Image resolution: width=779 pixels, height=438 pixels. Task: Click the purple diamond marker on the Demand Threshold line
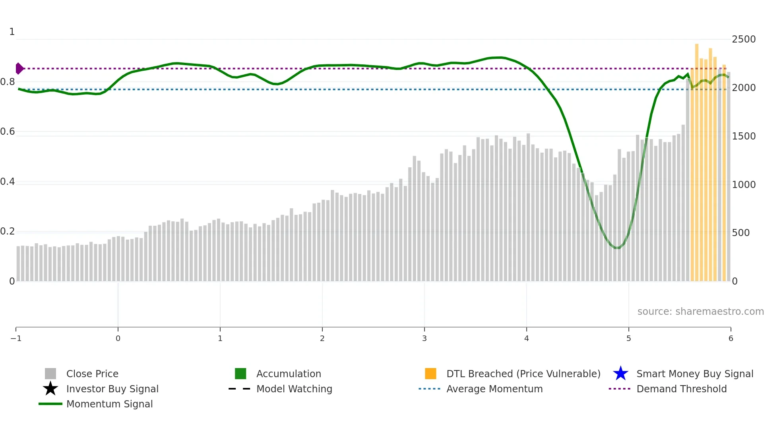click(x=19, y=68)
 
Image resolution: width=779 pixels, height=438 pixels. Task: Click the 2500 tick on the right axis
click(x=744, y=39)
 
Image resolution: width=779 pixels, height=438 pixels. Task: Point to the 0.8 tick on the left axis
click(x=8, y=82)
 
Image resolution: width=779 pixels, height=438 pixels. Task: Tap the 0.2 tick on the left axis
click(x=8, y=231)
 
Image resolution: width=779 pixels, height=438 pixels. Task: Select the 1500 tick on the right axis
click(x=744, y=136)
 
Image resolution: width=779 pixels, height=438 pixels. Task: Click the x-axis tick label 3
click(x=424, y=338)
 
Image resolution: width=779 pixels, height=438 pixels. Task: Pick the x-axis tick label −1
click(x=16, y=338)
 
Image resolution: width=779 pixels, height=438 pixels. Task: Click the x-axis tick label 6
click(x=731, y=338)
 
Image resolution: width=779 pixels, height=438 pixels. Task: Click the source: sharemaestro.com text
click(x=700, y=311)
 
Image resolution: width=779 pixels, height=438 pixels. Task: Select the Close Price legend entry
click(x=92, y=374)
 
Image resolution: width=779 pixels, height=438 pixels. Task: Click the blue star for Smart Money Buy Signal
click(x=620, y=374)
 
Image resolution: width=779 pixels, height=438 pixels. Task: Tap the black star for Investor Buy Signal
click(x=50, y=389)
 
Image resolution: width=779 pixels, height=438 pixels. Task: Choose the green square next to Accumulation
click(x=240, y=374)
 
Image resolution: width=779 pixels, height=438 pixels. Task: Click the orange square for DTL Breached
click(x=430, y=374)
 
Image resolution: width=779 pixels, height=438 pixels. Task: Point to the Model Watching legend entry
click(x=294, y=389)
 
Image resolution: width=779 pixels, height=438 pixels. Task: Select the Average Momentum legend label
click(x=494, y=389)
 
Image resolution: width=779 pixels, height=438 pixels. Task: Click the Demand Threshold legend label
click(x=681, y=389)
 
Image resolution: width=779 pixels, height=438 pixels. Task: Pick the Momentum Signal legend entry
click(x=109, y=404)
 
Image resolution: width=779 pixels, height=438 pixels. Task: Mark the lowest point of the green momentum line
click(x=617, y=248)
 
